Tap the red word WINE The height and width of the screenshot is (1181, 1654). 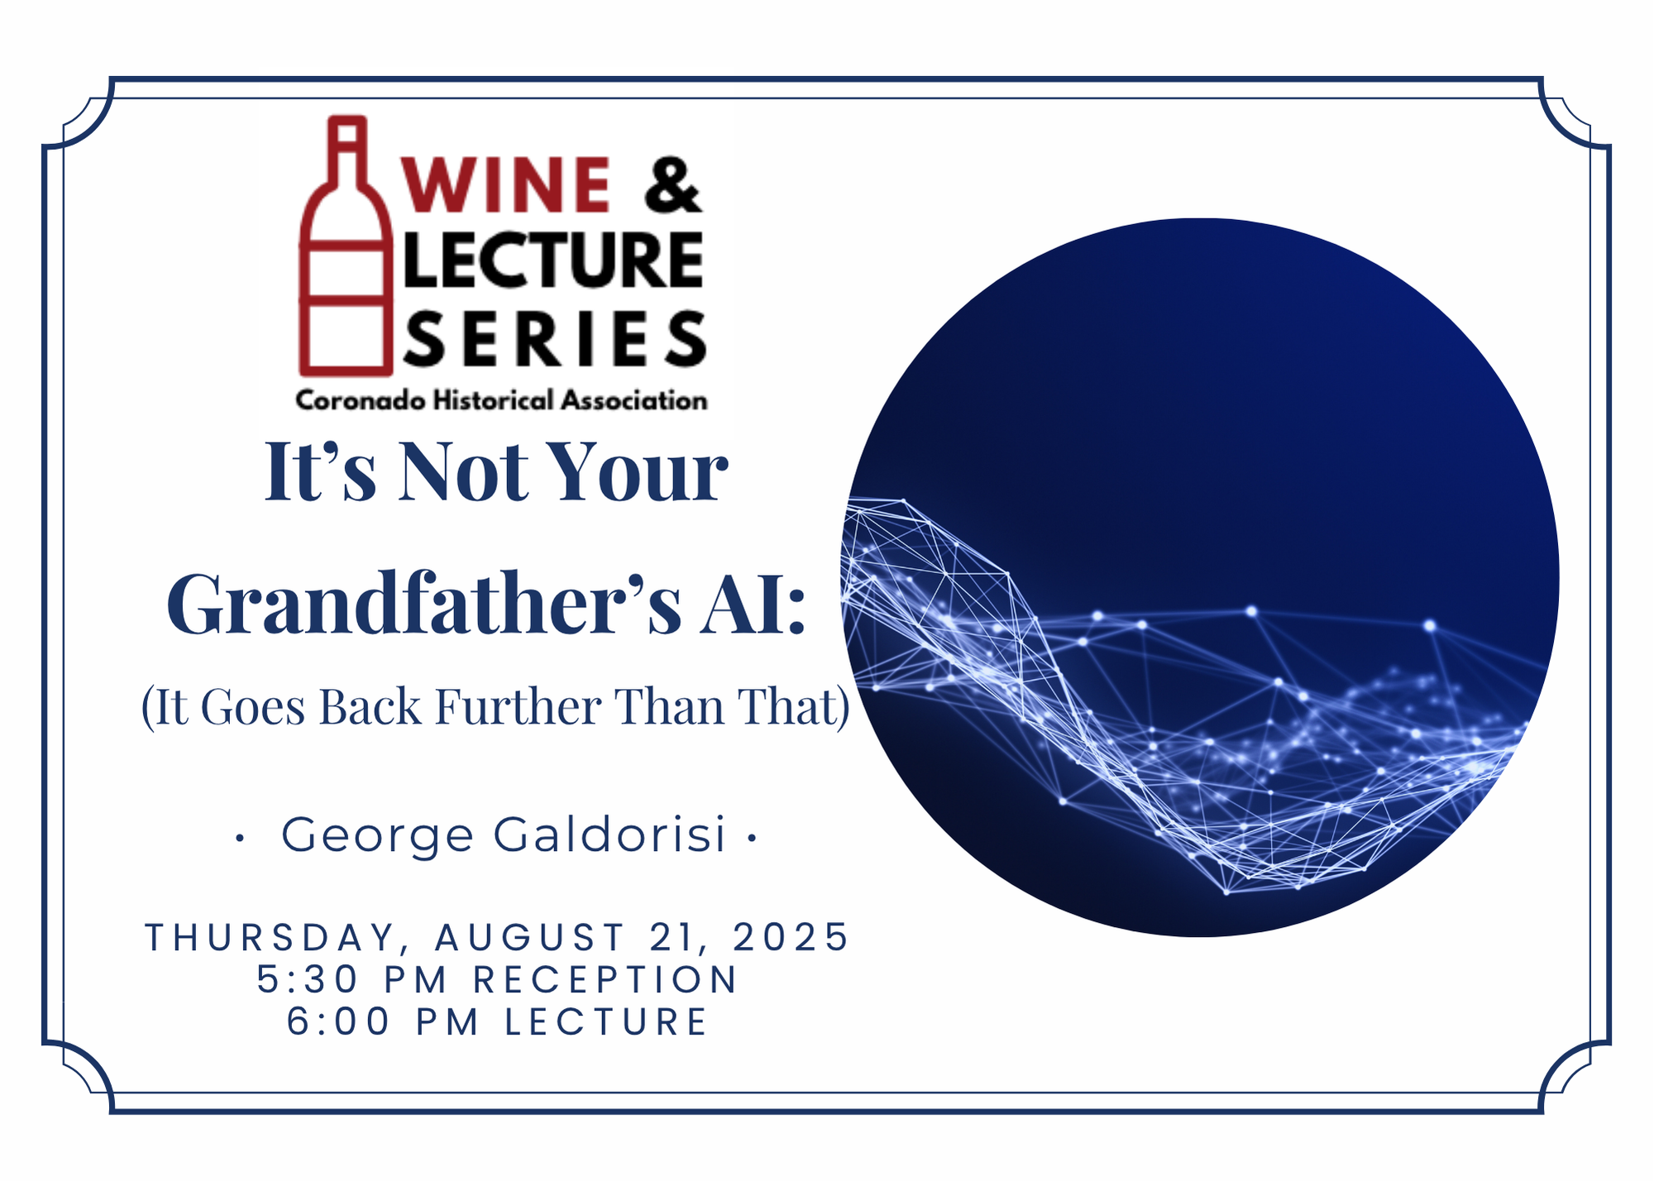506,184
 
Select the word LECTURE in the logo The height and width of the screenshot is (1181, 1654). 553,260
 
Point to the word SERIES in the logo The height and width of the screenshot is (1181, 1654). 555,337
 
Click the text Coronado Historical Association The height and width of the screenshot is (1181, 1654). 501,400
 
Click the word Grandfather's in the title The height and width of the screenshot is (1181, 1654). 424,604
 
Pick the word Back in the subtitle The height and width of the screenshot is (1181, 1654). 370,707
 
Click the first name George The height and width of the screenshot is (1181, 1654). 377,835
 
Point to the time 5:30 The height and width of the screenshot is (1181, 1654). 308,979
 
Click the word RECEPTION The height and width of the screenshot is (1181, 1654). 605,979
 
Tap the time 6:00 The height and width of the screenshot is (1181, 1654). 338,1021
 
